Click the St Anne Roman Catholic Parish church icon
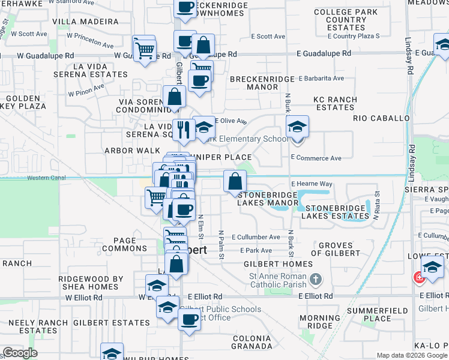(x=316, y=279)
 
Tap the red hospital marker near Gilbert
(x=418, y=278)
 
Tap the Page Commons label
(x=125, y=244)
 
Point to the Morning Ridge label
(x=319, y=322)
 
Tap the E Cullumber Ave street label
(x=256, y=237)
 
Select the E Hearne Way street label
(x=312, y=184)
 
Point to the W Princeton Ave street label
(x=90, y=40)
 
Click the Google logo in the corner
(x=20, y=353)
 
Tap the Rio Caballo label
(x=381, y=118)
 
